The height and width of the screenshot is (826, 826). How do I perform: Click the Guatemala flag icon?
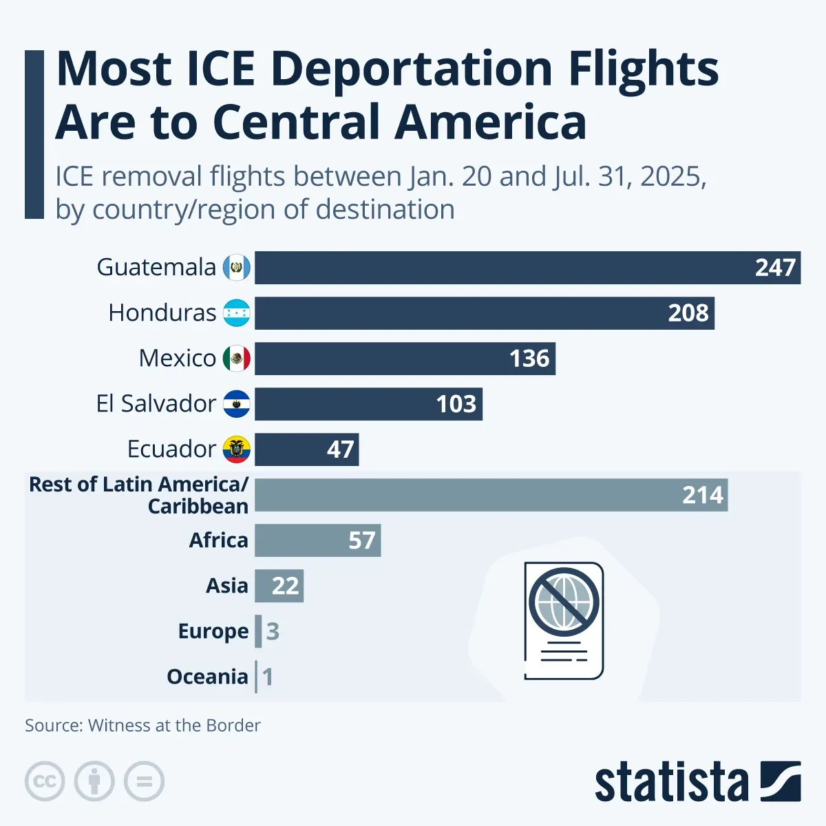(x=236, y=267)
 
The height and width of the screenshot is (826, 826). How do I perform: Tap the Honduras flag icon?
(x=236, y=313)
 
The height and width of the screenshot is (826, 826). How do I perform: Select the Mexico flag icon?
(x=236, y=359)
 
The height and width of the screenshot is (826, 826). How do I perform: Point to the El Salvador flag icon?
(x=236, y=404)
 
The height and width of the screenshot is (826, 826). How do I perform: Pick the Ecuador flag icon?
(x=236, y=449)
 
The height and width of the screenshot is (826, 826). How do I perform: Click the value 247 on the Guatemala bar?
(x=774, y=267)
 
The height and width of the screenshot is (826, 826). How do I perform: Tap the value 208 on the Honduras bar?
(x=688, y=313)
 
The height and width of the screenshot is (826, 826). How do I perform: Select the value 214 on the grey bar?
(x=702, y=495)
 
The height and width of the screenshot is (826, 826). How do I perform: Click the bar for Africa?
(x=317, y=540)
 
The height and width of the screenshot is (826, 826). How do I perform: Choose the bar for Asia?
(x=279, y=586)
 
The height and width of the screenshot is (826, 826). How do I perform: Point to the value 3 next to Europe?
(x=273, y=631)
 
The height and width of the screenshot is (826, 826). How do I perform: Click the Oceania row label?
(x=207, y=677)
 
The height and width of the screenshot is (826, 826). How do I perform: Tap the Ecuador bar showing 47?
(x=306, y=449)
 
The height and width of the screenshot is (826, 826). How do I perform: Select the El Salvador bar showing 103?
(x=368, y=404)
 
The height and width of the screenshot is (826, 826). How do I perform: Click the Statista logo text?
(x=671, y=783)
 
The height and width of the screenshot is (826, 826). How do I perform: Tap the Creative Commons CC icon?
(x=45, y=781)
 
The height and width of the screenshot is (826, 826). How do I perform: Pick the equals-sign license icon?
(x=144, y=781)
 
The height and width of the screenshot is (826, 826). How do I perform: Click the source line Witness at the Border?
(x=142, y=726)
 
